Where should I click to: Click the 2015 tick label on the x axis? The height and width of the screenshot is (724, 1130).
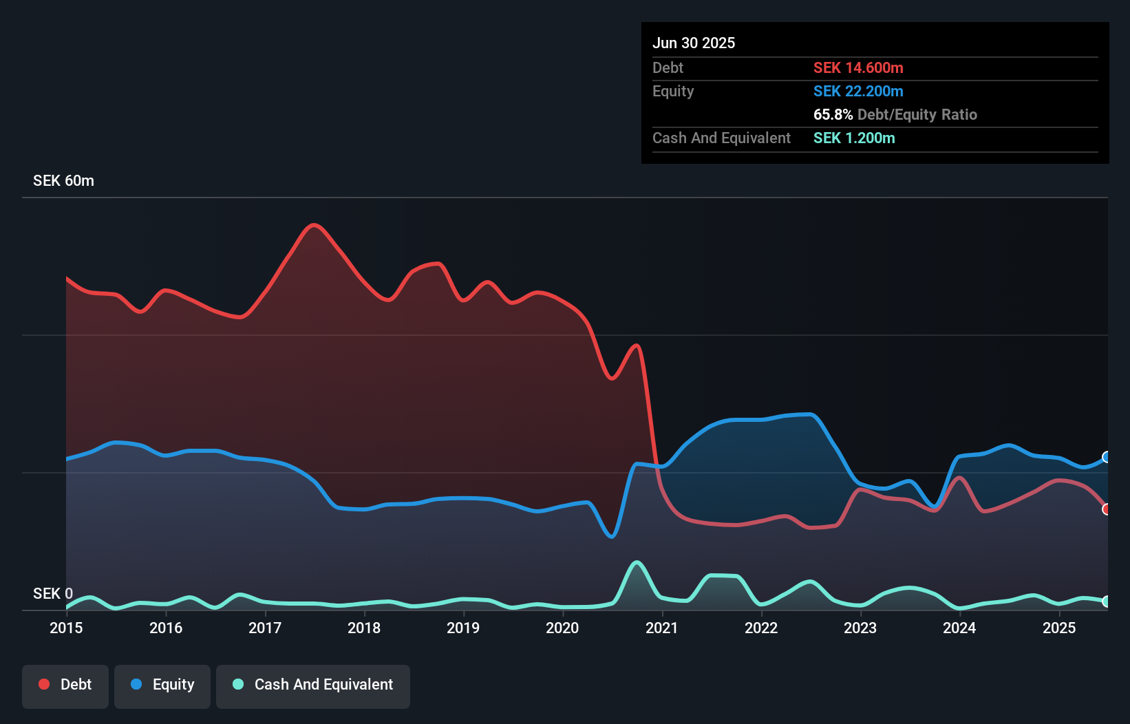coord(66,628)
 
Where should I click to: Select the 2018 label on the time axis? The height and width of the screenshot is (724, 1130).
coord(364,628)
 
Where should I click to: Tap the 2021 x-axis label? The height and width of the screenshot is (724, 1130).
coord(662,628)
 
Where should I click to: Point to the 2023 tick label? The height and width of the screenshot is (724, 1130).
coord(860,628)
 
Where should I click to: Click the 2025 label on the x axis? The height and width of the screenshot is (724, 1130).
coord(1059,628)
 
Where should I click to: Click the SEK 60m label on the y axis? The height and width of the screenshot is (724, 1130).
coord(63,181)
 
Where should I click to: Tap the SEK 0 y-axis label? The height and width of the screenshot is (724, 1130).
coord(52,593)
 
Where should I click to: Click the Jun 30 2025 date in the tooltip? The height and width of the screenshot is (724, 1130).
coord(694,43)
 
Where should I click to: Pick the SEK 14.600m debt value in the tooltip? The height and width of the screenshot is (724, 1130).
coord(858,67)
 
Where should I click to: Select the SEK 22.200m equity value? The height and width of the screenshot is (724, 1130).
coord(858,91)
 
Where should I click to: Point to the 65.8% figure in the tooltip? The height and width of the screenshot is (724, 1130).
coord(833,114)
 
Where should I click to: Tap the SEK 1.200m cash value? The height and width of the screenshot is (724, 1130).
coord(854,138)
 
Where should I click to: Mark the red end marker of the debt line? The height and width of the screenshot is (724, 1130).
coord(1106,509)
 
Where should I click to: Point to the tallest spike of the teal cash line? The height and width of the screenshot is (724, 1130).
coord(637,562)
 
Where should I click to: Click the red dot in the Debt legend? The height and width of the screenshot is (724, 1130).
coord(44,685)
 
